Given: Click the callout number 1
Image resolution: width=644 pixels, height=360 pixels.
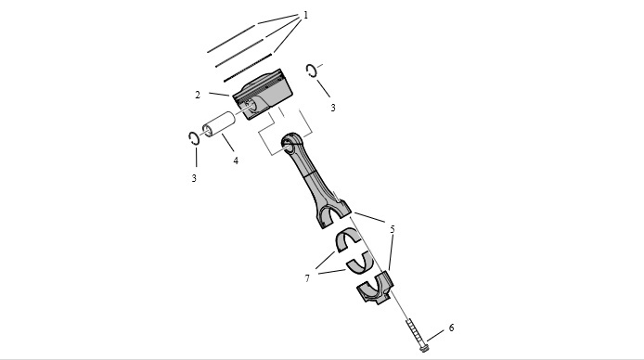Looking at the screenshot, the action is pos(305,15).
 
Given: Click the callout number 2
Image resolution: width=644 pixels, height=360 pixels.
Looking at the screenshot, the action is pos(198,95).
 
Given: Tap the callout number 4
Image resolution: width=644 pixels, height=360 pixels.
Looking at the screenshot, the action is pos(236,161).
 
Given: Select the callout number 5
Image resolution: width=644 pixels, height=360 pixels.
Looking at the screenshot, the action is pos(393,229).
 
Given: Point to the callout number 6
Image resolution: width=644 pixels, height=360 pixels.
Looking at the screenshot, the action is pos(451,328).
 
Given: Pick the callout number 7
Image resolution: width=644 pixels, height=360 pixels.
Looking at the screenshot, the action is pos(307,278).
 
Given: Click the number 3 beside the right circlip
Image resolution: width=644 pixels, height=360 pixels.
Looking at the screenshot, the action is pos(333,108).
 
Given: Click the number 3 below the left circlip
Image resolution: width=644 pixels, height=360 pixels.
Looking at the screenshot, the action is pos(194,178).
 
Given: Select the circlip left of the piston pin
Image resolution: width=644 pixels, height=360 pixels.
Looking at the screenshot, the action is pos(190,138).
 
